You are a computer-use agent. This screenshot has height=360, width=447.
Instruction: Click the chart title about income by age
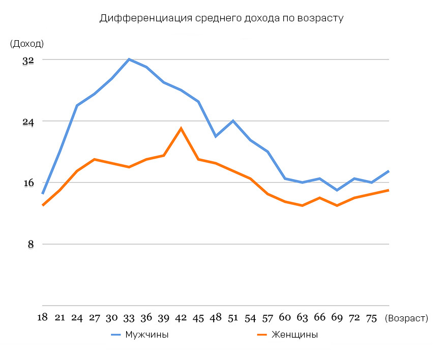click(222, 19)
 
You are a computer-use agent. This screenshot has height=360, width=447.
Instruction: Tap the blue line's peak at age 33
click(129, 59)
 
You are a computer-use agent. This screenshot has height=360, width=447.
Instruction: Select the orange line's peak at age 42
click(181, 128)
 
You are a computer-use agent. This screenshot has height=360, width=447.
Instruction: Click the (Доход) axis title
click(26, 44)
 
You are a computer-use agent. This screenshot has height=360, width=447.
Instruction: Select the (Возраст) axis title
click(407, 318)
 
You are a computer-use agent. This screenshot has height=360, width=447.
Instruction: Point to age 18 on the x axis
click(42, 318)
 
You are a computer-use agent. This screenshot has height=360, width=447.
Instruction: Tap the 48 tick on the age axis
click(216, 318)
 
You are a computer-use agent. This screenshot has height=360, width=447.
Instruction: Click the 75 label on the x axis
click(371, 318)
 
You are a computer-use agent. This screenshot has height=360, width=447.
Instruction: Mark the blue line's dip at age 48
click(216, 136)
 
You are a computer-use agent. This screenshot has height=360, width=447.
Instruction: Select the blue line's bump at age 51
click(233, 121)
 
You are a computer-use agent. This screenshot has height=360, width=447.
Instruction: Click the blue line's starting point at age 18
click(43, 193)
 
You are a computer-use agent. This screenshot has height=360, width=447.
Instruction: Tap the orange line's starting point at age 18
click(43, 205)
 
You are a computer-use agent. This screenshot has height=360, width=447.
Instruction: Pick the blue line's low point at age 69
click(337, 190)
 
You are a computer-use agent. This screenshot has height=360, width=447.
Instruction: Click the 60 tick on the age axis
click(285, 318)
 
